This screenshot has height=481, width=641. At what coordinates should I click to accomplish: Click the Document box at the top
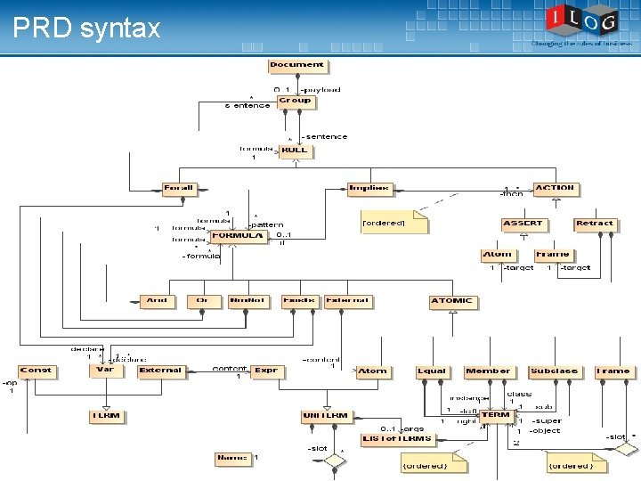point(297,65)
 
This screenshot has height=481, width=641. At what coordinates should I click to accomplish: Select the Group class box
point(295,102)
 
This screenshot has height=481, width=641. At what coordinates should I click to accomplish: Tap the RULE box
point(294,151)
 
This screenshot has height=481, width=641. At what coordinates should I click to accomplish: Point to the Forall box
point(178,189)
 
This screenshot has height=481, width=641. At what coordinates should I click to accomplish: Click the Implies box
point(369,189)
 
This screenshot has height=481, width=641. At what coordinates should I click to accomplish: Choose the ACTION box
point(555,189)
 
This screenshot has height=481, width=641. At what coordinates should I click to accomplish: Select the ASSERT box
point(523,224)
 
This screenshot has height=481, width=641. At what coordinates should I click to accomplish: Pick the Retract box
point(594,224)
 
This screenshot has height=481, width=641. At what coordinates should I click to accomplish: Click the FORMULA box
point(238,237)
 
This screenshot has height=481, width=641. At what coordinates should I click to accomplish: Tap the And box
point(157,302)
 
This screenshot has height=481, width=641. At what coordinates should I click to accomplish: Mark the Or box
point(203,302)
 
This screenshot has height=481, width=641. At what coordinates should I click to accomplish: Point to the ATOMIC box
point(451,302)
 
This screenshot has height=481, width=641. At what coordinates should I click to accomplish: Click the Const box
point(36,371)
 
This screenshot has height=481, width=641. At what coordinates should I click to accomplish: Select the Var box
point(105,371)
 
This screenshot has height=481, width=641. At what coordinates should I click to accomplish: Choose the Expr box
point(266,371)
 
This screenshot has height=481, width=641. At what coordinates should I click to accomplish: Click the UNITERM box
point(325,417)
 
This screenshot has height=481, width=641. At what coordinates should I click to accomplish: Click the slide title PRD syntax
point(86,29)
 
